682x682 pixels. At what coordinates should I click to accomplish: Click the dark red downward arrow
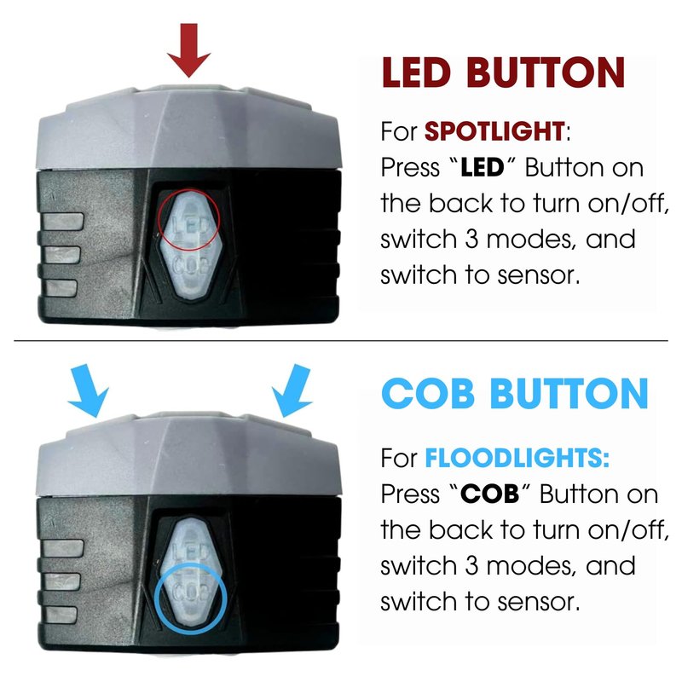click(188, 49)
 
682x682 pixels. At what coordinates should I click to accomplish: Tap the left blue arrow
click(89, 390)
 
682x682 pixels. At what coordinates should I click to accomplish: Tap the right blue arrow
click(292, 390)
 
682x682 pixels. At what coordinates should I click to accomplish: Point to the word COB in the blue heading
click(428, 394)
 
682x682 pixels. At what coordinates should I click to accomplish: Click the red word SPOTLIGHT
click(494, 131)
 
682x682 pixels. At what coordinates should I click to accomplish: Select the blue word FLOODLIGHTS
click(517, 458)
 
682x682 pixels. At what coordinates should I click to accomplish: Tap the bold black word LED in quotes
click(482, 167)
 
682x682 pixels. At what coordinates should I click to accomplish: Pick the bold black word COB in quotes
click(489, 494)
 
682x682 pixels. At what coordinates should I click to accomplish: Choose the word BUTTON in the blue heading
click(569, 394)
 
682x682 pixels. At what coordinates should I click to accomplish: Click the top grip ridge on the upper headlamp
click(62, 222)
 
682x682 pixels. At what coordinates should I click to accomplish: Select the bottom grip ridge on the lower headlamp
click(61, 615)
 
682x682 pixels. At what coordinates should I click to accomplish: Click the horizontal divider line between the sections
click(341, 340)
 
